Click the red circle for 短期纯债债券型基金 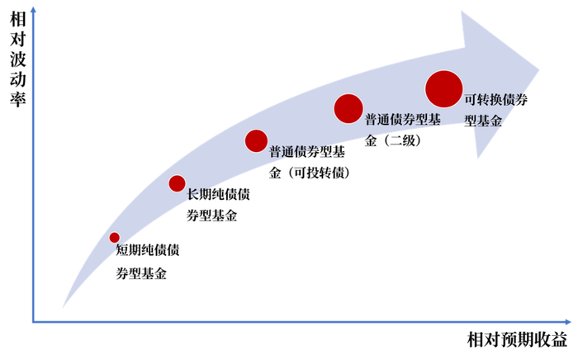pyautogui.click(x=115, y=238)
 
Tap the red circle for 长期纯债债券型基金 pyautogui.click(x=177, y=183)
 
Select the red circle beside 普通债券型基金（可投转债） pyautogui.click(x=256, y=141)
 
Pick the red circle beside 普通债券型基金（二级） pyautogui.click(x=348, y=107)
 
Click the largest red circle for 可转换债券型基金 pyautogui.click(x=443, y=88)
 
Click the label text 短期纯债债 pyautogui.click(x=148, y=249)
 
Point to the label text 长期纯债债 pyautogui.click(x=219, y=195)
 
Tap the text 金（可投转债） pyautogui.click(x=310, y=173)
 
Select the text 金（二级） pyautogui.click(x=394, y=140)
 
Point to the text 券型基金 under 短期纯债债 pyautogui.click(x=141, y=272)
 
